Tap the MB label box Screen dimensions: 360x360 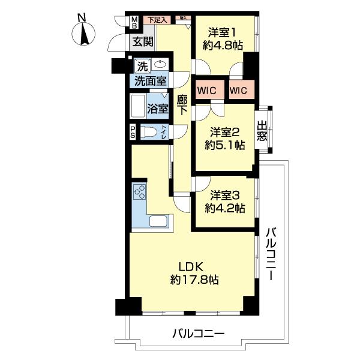[135, 23]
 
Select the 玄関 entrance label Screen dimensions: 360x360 [143, 41]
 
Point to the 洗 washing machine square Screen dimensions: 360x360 [142, 65]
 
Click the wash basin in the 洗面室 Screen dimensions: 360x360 [160, 65]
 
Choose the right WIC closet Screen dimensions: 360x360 [241, 91]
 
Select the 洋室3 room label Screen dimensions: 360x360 [224, 195]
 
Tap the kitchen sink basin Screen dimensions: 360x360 [158, 220]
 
